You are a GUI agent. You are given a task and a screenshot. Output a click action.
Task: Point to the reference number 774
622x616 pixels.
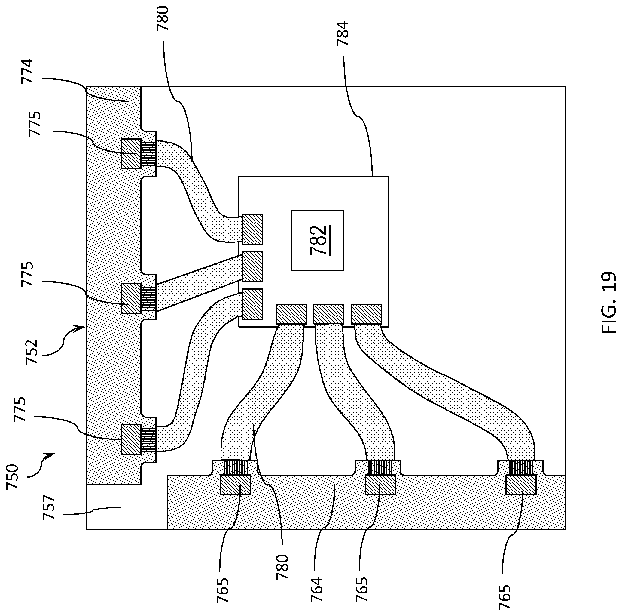[27, 71]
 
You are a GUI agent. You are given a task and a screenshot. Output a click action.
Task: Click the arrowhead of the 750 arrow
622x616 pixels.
[51, 455]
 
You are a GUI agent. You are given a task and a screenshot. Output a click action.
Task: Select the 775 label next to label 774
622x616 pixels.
[35, 123]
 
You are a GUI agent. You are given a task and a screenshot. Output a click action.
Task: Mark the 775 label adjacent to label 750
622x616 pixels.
[20, 409]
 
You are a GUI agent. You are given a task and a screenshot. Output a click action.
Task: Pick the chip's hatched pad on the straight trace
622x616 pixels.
[252, 266]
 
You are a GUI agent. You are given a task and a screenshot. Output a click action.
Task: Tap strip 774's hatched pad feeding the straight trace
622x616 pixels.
[131, 298]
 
